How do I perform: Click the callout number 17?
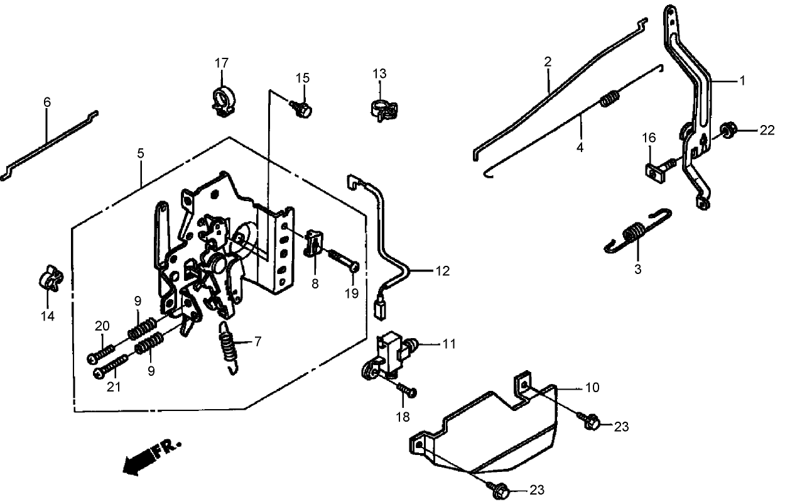tap(222, 63)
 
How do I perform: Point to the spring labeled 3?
tap(636, 234)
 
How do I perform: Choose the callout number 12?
tap(441, 271)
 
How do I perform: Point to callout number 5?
tap(141, 153)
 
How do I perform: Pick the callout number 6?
tap(47, 102)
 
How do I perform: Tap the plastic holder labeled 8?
tap(315, 243)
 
